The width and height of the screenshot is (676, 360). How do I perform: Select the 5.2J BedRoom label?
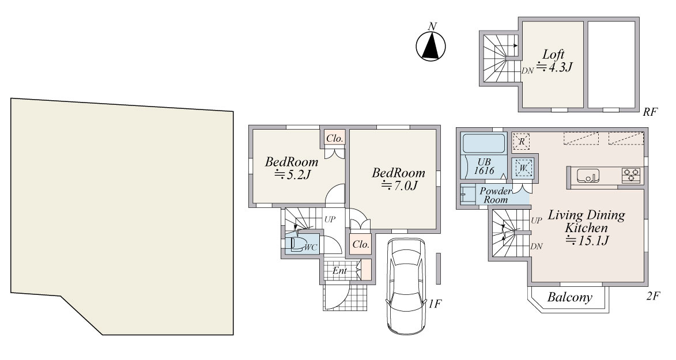(x=292, y=168)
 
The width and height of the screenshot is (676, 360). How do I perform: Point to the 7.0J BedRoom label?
(x=398, y=179)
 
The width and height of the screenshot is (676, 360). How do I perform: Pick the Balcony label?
(x=569, y=297)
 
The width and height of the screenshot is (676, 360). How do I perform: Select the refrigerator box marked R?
(x=522, y=142)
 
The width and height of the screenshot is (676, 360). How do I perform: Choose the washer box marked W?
(x=523, y=168)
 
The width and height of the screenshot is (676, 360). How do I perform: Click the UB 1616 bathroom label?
(x=484, y=166)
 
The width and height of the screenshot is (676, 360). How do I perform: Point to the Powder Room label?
(x=496, y=195)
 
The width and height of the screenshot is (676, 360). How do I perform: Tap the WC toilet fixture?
(x=299, y=244)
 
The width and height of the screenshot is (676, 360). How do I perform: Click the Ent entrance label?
(x=339, y=271)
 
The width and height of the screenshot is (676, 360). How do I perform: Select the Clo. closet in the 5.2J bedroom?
(x=335, y=138)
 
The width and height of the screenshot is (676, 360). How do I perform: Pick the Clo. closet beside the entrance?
(x=361, y=244)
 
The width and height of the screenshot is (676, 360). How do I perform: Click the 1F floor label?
(x=435, y=304)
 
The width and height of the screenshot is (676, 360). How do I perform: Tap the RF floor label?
(x=650, y=112)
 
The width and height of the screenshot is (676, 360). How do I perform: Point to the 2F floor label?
(x=653, y=296)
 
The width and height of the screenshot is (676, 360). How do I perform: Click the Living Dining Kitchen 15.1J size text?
(x=587, y=241)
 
